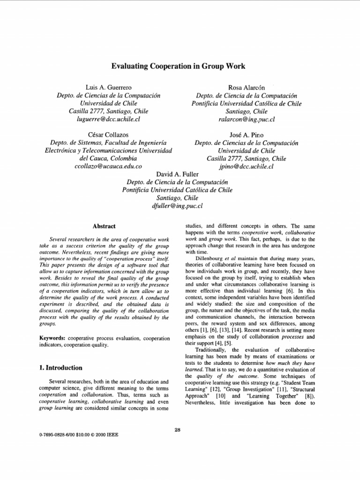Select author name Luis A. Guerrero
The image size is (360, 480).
[108, 88]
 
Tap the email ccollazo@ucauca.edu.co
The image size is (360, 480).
[108, 166]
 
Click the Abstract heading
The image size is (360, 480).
[104, 226]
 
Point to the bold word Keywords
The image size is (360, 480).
[53, 337]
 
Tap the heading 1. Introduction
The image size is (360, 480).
[61, 368]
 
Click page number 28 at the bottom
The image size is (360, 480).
[177, 430]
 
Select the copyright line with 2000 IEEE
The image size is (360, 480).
[80, 435]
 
